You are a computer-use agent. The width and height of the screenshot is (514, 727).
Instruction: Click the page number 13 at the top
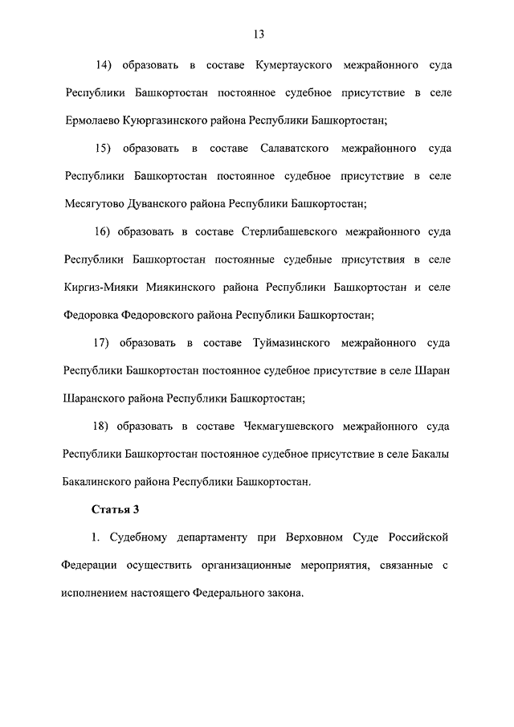(257, 34)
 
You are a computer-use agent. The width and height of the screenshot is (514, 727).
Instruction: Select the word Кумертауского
(291, 65)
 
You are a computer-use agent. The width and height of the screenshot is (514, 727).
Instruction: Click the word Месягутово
(93, 204)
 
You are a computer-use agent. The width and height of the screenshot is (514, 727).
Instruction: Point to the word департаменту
(212, 537)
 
